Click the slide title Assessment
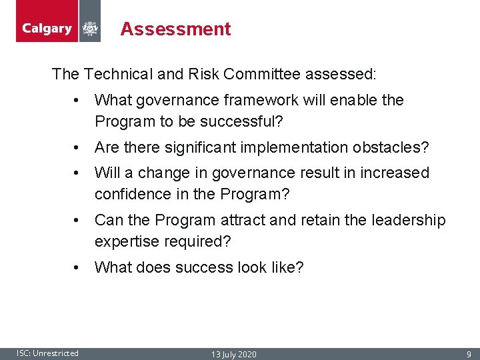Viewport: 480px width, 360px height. pos(175,29)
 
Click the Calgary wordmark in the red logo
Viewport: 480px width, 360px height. pos(47,29)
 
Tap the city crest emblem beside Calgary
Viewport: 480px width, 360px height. pos(89,29)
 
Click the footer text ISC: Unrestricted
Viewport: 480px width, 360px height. pos(47,353)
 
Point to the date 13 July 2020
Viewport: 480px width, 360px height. pos(233,354)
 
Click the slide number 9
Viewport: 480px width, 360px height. pos(469,354)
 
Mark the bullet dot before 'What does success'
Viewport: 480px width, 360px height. pos(78,268)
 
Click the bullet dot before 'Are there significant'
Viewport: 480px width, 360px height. pos(78,147)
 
